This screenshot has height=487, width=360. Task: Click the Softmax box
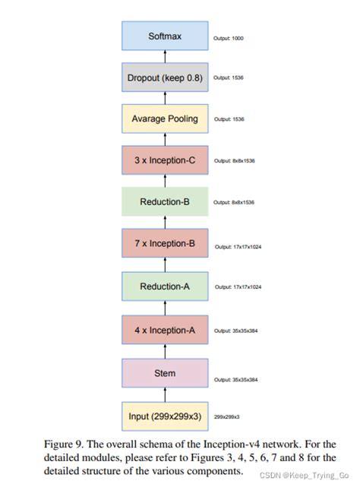[x=164, y=36]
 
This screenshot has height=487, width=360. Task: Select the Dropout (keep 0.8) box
[x=164, y=77]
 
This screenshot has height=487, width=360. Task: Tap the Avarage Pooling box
[x=164, y=119]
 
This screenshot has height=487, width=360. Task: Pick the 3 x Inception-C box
[x=164, y=160]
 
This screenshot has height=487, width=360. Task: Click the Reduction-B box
[x=164, y=202]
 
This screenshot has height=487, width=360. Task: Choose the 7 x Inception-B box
[x=164, y=245]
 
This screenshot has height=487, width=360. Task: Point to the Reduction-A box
[x=164, y=286]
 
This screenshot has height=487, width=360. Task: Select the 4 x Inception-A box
[x=164, y=330]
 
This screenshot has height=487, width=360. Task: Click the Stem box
[x=164, y=373]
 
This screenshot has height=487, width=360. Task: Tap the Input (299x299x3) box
[x=164, y=416]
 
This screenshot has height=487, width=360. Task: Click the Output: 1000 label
[x=228, y=38]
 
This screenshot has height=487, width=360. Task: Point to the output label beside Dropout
[x=228, y=77]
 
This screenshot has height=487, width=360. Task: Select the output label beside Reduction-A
[x=238, y=287]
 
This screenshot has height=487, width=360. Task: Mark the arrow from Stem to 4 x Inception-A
[x=164, y=351]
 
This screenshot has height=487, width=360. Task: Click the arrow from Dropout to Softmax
[x=164, y=56]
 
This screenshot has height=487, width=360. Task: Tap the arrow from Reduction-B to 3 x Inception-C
[x=164, y=181]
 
